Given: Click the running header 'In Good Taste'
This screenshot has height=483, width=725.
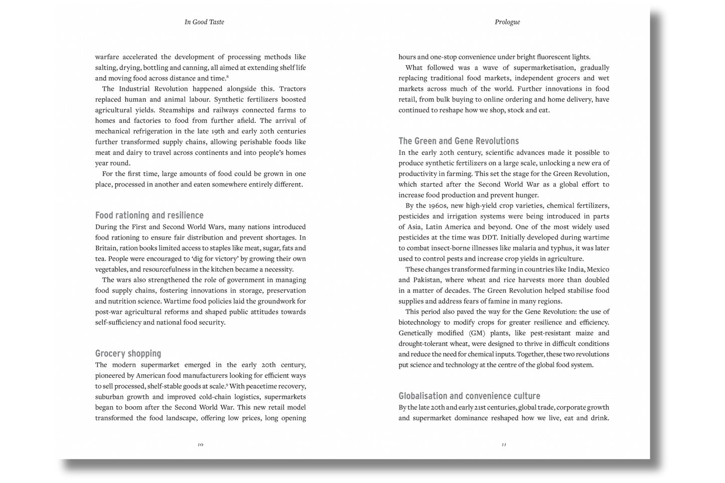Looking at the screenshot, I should pyautogui.click(x=204, y=22).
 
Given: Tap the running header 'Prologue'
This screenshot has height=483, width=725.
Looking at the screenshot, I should pyautogui.click(x=507, y=22).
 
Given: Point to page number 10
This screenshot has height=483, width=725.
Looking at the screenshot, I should pyautogui.click(x=200, y=444).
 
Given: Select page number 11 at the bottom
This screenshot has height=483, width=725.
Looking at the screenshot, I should pyautogui.click(x=504, y=444).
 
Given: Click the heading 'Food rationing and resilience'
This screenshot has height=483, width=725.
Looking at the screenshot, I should pyautogui.click(x=149, y=215).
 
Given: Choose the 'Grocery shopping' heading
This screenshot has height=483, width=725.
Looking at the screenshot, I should pyautogui.click(x=128, y=354).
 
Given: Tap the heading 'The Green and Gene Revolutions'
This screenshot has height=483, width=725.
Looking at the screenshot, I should pyautogui.click(x=459, y=141).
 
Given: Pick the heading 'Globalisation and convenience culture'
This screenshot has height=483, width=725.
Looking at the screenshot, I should pyautogui.click(x=469, y=396).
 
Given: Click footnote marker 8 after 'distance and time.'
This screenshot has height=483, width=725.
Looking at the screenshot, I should pyautogui.click(x=228, y=76).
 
